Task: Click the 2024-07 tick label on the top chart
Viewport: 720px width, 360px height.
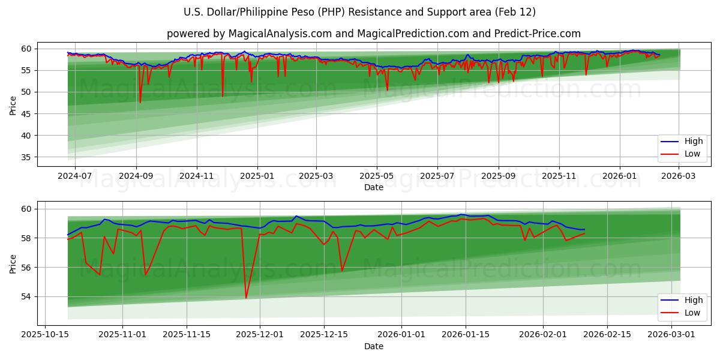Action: (x=74, y=176)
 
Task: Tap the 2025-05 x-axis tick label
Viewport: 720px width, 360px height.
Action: (x=377, y=176)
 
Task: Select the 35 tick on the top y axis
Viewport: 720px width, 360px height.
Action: (x=27, y=157)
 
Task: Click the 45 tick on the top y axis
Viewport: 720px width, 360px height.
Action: (x=27, y=114)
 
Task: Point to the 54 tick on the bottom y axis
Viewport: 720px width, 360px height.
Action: (x=27, y=296)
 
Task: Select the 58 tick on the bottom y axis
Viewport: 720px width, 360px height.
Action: (x=27, y=238)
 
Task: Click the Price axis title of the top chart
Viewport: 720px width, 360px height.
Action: (x=13, y=105)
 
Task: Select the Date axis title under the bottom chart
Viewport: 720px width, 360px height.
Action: (x=374, y=346)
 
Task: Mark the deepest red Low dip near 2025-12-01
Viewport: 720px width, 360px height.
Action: (x=246, y=298)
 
